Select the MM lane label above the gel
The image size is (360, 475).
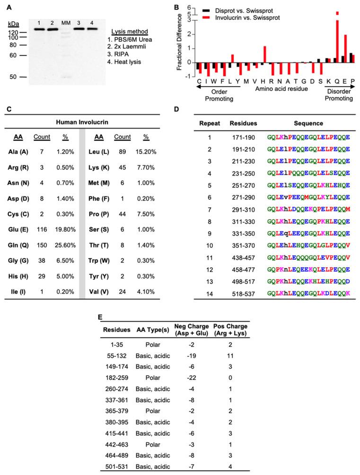click(x=67, y=21)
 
